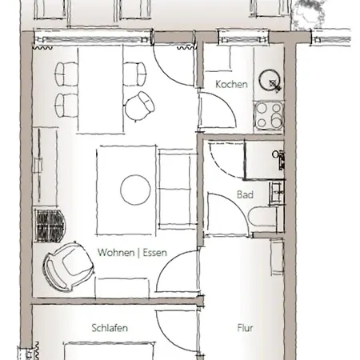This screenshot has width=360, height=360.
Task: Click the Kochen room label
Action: point(231,85)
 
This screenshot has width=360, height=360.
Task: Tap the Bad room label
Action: point(245,194)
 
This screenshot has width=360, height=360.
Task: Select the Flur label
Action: point(245,328)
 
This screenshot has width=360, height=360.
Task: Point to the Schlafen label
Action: point(110,328)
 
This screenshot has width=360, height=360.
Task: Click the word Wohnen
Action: point(116,252)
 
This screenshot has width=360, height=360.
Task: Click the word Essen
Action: point(155,252)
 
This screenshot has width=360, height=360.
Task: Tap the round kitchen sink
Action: point(270,79)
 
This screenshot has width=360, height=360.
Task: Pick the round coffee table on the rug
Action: point(135,190)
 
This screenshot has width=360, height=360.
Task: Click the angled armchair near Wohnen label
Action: point(68,266)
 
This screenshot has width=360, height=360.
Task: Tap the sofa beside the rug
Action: point(175,189)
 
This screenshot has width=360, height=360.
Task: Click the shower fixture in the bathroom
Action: point(279,159)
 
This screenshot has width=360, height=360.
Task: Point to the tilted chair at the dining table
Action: point(139,106)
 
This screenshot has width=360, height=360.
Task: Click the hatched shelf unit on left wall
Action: point(50,226)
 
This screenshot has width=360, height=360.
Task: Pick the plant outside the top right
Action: point(310,14)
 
